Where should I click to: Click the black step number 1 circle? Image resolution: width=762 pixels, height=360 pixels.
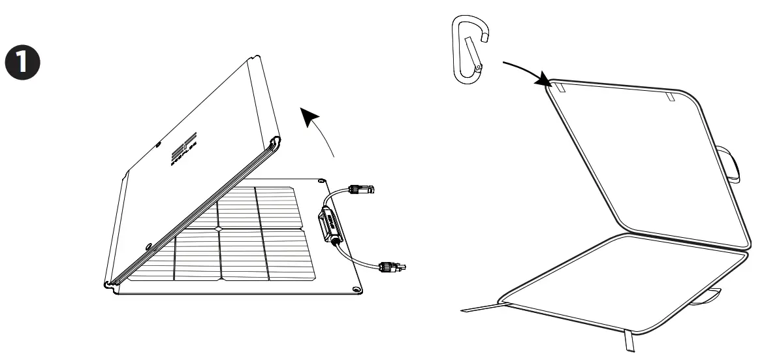(22, 61)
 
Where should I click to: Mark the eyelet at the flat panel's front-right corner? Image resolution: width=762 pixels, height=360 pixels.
(356, 288)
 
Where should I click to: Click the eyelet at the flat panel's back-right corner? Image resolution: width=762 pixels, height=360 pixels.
(322, 178)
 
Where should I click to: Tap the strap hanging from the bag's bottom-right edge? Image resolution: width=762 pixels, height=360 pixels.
(631, 341)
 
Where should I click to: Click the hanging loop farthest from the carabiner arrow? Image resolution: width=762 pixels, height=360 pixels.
(670, 97)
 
